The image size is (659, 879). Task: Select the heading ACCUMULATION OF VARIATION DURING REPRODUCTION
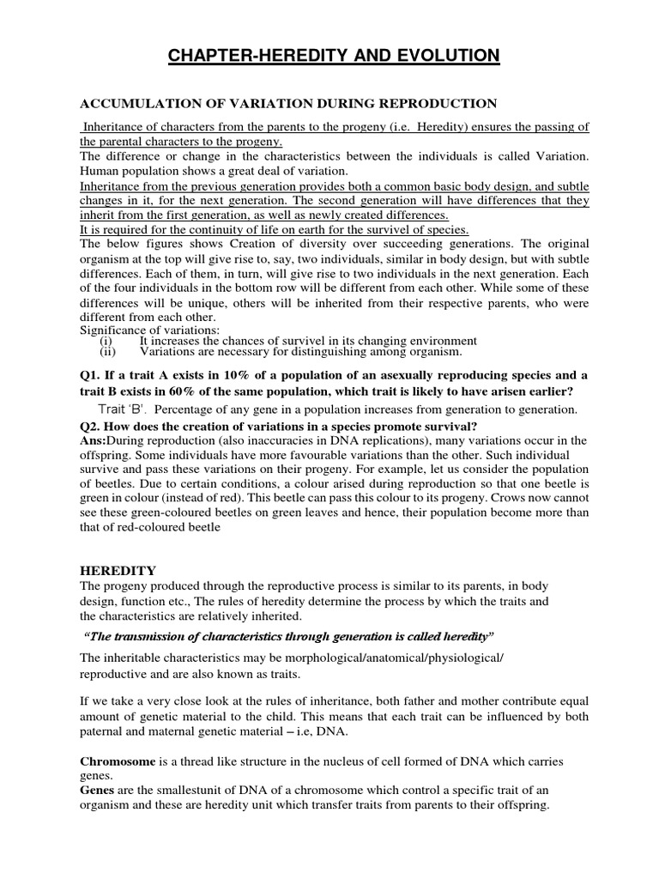(288, 104)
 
